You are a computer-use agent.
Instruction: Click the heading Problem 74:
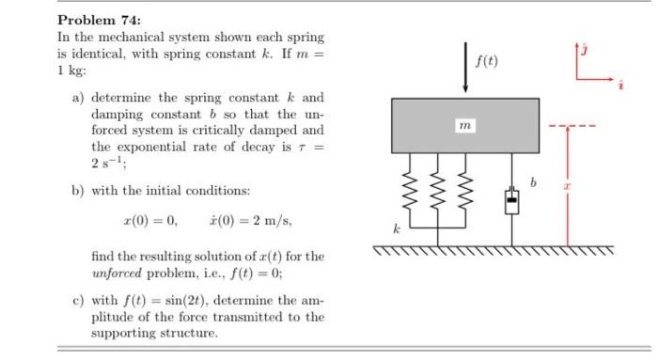98,20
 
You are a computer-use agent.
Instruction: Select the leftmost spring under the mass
407,189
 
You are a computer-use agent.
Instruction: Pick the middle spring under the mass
438,189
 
